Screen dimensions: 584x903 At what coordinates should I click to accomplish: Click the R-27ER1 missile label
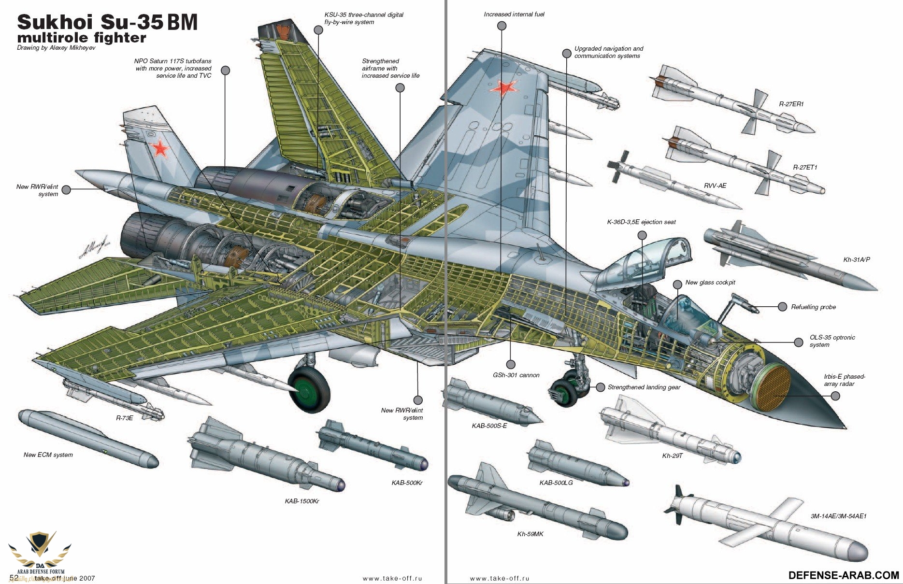791,104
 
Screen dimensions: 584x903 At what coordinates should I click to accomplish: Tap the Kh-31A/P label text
857,259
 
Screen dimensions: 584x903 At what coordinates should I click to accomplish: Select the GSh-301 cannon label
516,375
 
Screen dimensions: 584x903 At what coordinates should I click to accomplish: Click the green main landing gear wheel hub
307,389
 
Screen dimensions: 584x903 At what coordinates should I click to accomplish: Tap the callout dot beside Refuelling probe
782,307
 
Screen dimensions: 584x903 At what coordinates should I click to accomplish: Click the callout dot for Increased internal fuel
502,26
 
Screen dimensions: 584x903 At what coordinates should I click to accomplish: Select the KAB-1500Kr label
302,501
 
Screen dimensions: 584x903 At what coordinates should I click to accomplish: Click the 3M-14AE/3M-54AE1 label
838,516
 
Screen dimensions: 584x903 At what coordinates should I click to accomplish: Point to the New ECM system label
48,455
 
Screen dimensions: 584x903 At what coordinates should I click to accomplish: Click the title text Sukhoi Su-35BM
107,23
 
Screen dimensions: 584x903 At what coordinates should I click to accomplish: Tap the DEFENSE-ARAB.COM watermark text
844,575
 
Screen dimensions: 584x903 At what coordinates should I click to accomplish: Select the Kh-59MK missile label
530,534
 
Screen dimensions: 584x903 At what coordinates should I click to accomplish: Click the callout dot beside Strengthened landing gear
601,387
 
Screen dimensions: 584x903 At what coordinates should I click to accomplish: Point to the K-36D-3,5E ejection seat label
641,222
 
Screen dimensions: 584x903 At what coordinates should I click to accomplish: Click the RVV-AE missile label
715,185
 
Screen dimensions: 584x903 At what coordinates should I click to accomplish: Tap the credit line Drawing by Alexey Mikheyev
56,48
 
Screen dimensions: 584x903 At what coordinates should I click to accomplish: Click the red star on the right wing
504,88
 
